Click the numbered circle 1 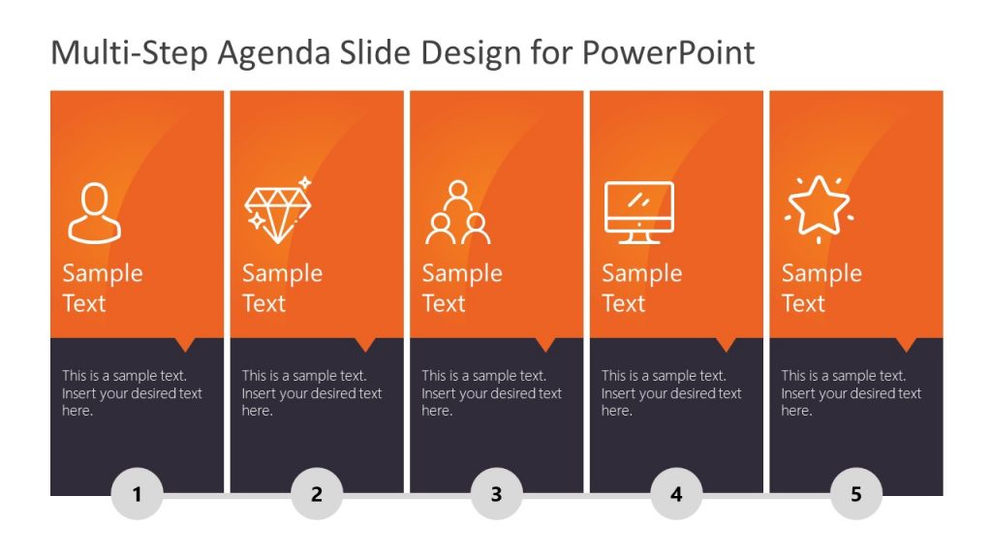click(x=138, y=494)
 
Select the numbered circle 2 click(x=317, y=494)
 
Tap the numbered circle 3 click(x=496, y=494)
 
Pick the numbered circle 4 click(x=676, y=494)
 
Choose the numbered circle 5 click(x=855, y=494)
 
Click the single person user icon click(x=94, y=213)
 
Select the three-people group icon click(x=457, y=213)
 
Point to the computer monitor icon click(x=638, y=212)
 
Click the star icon click(x=819, y=207)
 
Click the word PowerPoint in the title click(x=668, y=52)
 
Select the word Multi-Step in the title click(x=129, y=52)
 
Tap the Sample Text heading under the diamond click(x=282, y=288)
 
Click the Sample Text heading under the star click(x=821, y=288)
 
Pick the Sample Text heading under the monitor click(x=641, y=288)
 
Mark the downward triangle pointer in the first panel click(x=185, y=344)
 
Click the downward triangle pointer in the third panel click(x=545, y=344)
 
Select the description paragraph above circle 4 click(x=671, y=392)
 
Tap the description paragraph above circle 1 click(x=133, y=392)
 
